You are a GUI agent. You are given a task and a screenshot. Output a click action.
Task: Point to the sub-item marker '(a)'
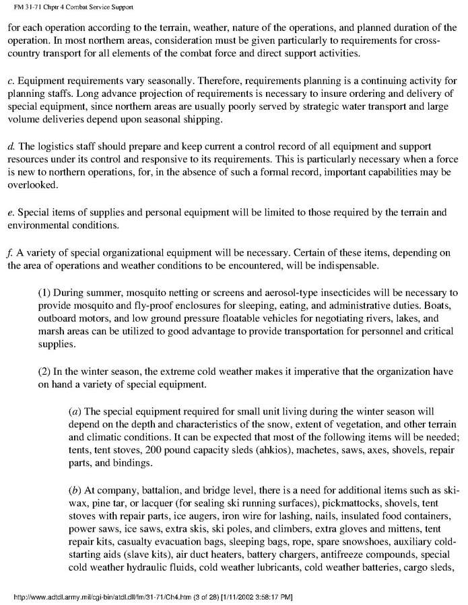76,411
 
